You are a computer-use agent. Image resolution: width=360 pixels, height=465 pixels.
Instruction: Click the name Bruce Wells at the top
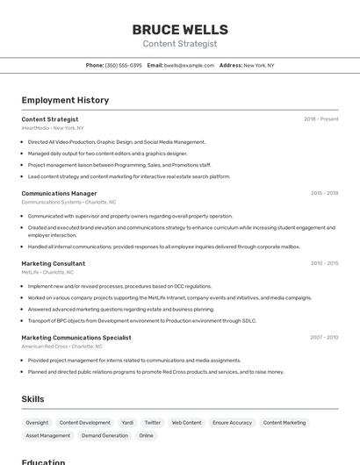click(179, 30)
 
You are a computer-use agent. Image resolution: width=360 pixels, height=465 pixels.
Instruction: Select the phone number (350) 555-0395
click(123, 65)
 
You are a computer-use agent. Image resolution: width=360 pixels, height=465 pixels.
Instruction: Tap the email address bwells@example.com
click(189, 65)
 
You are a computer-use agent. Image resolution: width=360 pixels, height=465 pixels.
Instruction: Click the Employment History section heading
click(65, 100)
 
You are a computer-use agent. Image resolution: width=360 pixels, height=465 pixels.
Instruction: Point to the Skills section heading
click(33, 399)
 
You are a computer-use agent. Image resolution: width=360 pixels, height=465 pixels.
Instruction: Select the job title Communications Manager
click(59, 193)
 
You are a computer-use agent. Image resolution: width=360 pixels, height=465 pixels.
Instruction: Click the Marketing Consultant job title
click(54, 263)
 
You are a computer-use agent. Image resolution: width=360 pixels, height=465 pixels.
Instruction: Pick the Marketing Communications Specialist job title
click(76, 337)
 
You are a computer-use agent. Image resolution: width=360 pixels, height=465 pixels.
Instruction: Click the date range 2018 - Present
click(320, 119)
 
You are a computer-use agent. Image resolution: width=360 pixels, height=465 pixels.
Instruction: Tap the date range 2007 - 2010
click(323, 337)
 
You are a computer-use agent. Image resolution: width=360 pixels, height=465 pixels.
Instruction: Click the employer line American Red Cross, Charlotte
click(62, 346)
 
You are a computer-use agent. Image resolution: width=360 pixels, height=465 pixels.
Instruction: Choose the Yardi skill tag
click(127, 423)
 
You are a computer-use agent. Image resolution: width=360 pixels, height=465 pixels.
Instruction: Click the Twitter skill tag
click(153, 423)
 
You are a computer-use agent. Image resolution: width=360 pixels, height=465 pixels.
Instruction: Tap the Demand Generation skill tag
click(104, 435)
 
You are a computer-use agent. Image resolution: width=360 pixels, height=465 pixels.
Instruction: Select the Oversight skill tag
click(37, 423)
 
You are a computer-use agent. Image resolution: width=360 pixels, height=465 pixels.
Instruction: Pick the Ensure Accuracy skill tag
click(232, 423)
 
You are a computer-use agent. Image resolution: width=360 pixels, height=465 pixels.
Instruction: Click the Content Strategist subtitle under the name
click(179, 44)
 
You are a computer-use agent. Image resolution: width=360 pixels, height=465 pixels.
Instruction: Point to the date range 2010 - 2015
click(323, 263)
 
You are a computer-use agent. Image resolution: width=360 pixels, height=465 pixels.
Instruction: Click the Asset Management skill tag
click(47, 435)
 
